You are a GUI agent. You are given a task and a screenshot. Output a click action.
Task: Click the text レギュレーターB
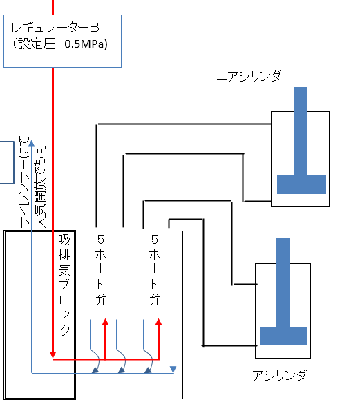(55, 28)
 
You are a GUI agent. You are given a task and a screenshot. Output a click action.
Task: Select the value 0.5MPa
(86, 44)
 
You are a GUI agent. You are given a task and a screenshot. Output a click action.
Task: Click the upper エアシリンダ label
(249, 76)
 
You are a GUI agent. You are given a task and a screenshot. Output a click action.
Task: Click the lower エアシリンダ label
(274, 375)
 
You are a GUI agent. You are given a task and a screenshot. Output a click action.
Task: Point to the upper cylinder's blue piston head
(301, 184)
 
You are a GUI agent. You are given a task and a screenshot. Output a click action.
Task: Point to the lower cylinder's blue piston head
(284, 336)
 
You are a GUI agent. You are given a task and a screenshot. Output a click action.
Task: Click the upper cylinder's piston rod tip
(301, 88)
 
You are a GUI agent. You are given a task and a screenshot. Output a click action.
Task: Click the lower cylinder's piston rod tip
(283, 239)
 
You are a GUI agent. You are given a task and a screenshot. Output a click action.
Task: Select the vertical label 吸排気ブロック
(64, 285)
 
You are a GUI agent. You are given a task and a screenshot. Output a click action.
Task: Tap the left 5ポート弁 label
(101, 270)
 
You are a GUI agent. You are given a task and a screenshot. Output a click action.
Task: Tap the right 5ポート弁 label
(155, 270)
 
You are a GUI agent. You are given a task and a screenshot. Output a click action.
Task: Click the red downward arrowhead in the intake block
(53, 355)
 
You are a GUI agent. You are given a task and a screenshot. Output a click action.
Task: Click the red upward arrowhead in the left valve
(106, 322)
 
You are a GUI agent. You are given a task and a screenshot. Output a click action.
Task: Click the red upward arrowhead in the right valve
(159, 322)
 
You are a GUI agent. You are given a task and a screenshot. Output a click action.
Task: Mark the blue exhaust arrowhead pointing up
(31, 143)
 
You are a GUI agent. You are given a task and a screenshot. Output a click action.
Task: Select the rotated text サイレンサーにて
(24, 182)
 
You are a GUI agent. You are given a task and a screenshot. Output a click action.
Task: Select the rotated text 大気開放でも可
(39, 187)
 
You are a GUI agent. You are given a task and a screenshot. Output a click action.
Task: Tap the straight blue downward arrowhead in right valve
(173, 370)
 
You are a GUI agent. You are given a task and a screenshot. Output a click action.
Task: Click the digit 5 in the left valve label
(101, 239)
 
